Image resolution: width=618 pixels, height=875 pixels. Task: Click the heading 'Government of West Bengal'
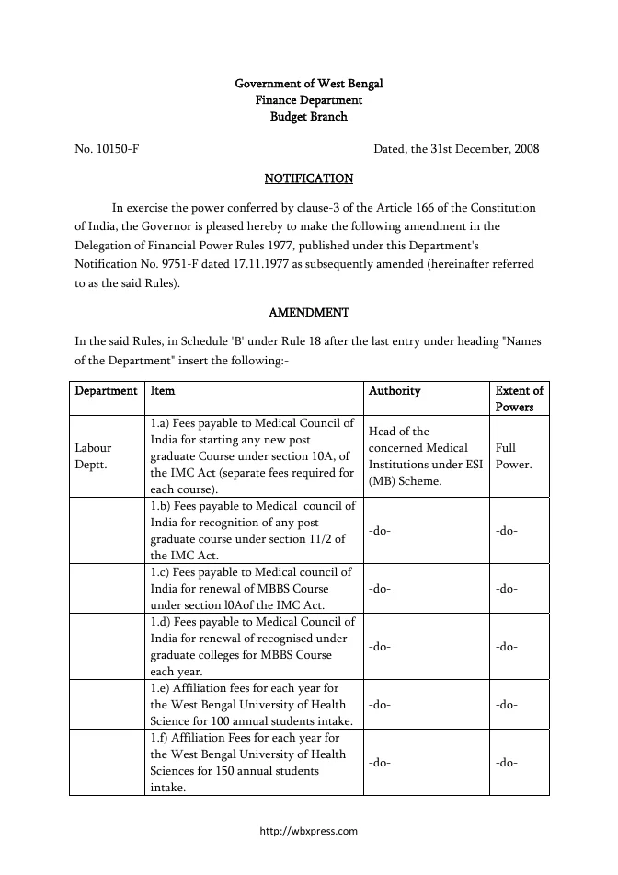(x=308, y=84)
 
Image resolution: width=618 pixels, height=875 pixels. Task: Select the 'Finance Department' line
(x=308, y=100)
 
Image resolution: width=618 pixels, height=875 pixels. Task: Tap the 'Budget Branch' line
(x=308, y=117)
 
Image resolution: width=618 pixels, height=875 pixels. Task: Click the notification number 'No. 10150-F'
(x=107, y=148)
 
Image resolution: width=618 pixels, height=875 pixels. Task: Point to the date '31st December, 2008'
(x=484, y=148)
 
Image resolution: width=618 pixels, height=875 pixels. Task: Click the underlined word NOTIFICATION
(x=308, y=178)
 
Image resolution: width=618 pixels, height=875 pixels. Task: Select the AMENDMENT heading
(x=308, y=314)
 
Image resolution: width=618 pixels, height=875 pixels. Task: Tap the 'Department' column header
(x=106, y=391)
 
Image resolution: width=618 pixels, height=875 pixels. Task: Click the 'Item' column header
(x=163, y=391)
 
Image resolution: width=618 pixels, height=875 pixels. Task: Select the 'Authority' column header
(x=395, y=391)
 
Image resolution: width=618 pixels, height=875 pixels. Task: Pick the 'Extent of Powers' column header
(x=520, y=398)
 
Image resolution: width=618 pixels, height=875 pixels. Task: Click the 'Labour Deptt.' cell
(x=93, y=456)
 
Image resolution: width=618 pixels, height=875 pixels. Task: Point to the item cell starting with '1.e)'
(x=252, y=706)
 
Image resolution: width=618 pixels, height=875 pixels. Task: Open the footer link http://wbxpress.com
(x=308, y=831)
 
